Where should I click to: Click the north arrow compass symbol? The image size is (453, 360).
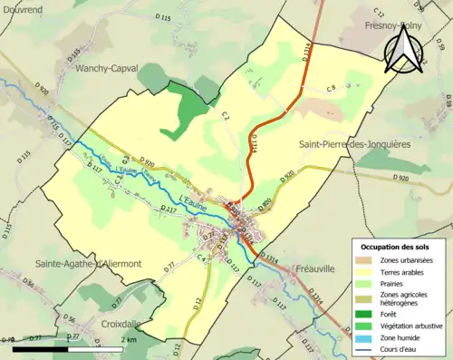click(401, 50)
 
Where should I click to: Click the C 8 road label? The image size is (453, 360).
click(332, 87)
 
